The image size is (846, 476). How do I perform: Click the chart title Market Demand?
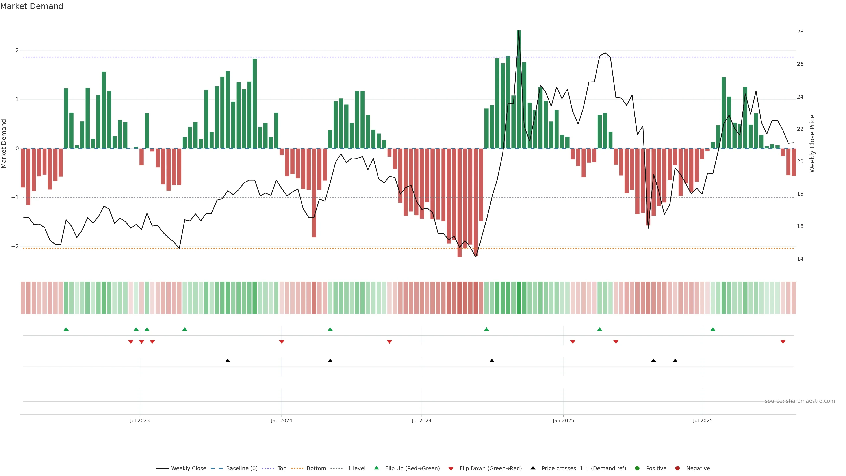click(x=32, y=6)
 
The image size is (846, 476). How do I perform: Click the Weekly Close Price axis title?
click(x=812, y=143)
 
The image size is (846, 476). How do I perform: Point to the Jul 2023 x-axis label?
click(x=140, y=420)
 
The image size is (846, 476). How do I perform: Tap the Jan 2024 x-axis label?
click(x=282, y=420)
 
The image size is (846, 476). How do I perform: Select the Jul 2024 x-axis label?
click(x=422, y=420)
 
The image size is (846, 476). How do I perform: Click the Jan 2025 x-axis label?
click(x=563, y=420)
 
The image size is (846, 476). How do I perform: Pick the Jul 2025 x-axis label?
click(x=703, y=420)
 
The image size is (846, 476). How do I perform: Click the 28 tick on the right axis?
click(x=800, y=32)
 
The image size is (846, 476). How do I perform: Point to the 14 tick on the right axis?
click(x=800, y=259)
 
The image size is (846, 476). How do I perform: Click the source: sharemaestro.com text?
click(x=800, y=401)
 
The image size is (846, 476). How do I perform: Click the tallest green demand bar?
click(x=519, y=89)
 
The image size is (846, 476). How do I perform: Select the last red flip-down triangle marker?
click(x=783, y=342)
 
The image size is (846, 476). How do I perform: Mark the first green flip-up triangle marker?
click(x=66, y=329)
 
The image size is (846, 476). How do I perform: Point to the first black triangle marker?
click(x=228, y=361)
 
